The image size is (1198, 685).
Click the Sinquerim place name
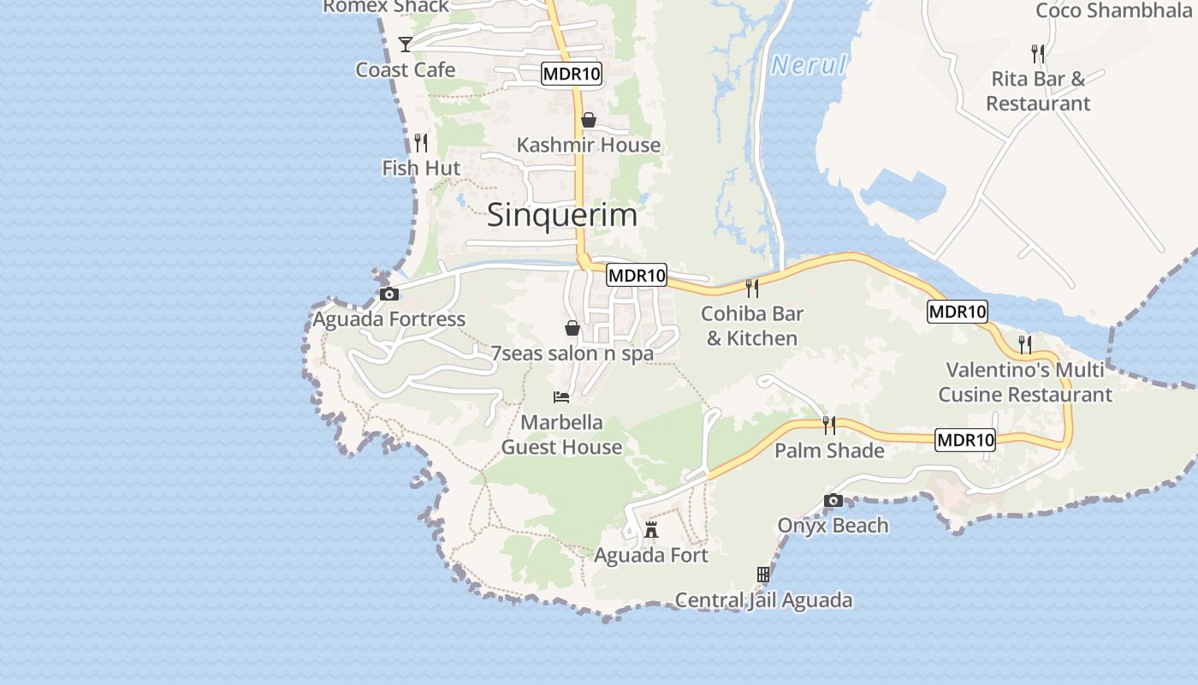click(x=562, y=215)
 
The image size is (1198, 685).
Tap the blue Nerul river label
click(x=808, y=65)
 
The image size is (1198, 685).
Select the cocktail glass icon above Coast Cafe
click(x=406, y=44)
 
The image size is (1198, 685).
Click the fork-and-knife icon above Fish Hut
click(x=420, y=142)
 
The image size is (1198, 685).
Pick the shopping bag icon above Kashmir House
click(x=589, y=120)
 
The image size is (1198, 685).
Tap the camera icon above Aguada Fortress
click(x=389, y=295)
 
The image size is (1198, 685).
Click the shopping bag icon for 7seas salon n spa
click(x=572, y=328)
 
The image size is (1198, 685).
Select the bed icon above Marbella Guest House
click(x=561, y=396)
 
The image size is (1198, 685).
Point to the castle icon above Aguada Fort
click(x=651, y=530)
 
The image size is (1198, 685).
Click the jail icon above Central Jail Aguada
click(x=763, y=574)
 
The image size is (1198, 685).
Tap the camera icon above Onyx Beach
click(x=833, y=500)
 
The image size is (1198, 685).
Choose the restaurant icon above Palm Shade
click(x=828, y=425)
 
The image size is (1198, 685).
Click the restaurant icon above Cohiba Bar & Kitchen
click(x=752, y=288)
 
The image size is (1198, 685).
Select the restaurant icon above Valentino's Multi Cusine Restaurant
click(x=1024, y=344)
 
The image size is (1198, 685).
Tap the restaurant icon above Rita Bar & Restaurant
click(x=1038, y=53)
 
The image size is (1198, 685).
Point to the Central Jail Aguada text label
click(x=763, y=600)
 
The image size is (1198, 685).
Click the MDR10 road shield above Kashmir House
click(x=572, y=74)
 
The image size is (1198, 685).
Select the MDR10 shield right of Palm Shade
click(x=965, y=440)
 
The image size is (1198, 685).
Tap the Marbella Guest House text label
click(x=561, y=435)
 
